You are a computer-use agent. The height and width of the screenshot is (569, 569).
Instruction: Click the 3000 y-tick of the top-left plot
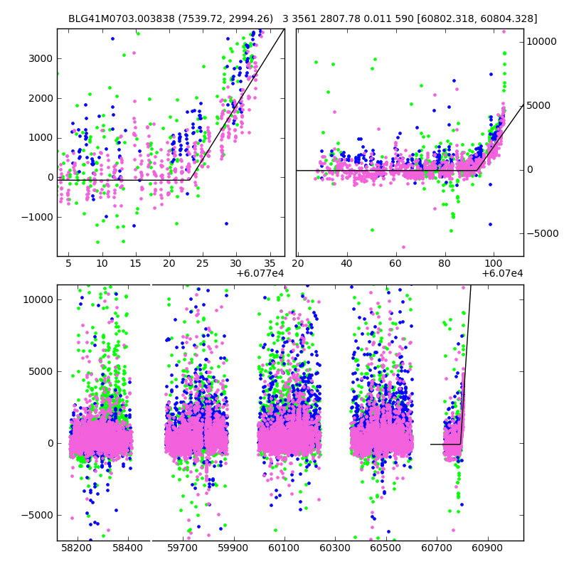[42, 58]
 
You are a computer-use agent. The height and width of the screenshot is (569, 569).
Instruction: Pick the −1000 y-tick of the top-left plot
[40, 217]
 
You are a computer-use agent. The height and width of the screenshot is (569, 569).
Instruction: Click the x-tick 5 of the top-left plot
[68, 264]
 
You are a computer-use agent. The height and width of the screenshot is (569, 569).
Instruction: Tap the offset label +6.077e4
[260, 274]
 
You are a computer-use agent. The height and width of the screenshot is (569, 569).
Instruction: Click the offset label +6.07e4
[502, 274]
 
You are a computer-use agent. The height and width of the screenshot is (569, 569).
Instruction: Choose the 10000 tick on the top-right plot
[542, 41]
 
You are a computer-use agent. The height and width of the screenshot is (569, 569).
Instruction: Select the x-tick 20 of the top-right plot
[298, 264]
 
